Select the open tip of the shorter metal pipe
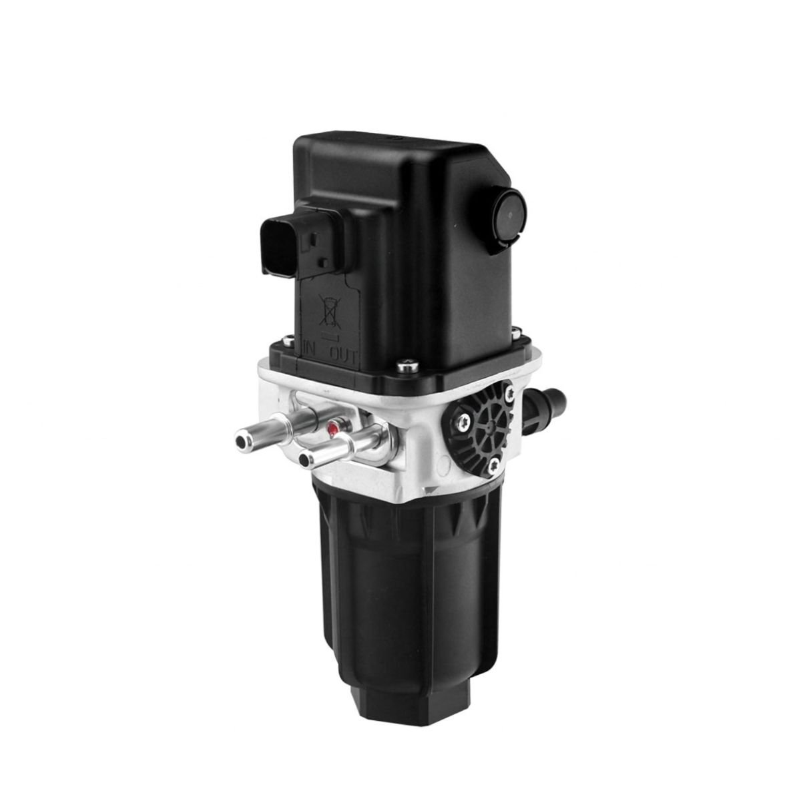tap(306, 459)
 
